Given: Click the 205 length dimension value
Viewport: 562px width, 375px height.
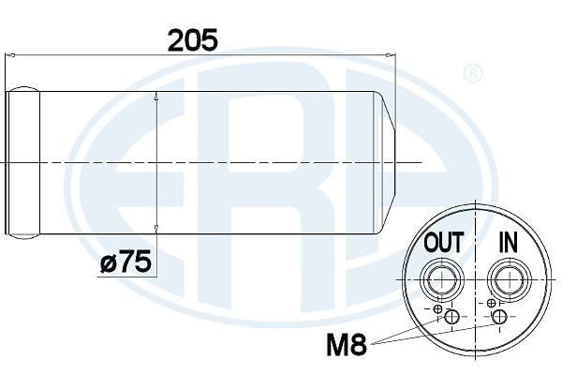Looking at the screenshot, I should [192, 40].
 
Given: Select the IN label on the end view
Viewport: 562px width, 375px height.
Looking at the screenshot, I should [506, 244].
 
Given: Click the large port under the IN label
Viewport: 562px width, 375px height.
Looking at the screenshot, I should [506, 278].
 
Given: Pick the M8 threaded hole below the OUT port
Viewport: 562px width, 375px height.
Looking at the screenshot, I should [451, 319].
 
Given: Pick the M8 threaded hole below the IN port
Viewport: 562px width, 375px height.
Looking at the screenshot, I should [500, 319].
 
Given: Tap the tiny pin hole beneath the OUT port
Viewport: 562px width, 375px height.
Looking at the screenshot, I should [437, 307].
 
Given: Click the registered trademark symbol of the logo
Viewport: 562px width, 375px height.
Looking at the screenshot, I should [474, 72].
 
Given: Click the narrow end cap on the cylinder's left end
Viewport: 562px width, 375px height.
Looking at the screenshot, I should [25, 161].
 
